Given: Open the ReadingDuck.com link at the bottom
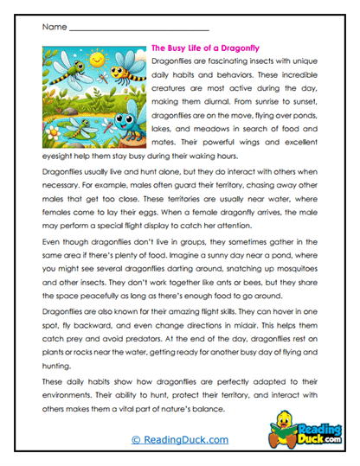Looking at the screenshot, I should pyautogui.click(x=180, y=439).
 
